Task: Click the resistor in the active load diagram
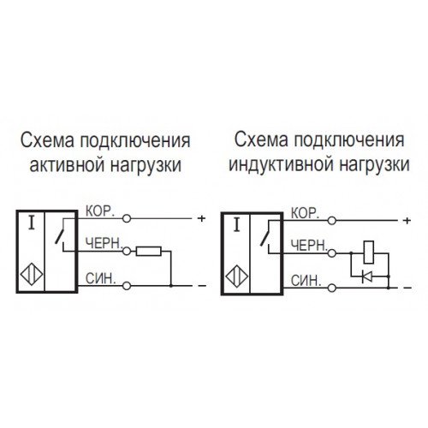tap(148, 251)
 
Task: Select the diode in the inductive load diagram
tap(366, 276)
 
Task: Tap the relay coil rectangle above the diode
tap(369, 253)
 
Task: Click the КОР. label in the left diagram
tap(100, 211)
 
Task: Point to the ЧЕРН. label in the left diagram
tap(104, 244)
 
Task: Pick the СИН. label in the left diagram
tap(101, 279)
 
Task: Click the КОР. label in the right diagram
tap(305, 213)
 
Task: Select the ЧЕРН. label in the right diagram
tap(309, 246)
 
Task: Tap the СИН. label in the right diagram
tap(306, 281)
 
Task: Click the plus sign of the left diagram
tap(201, 218)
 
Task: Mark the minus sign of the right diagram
tap(407, 288)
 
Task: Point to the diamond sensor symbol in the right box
tap(236, 276)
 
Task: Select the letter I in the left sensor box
tap(32, 223)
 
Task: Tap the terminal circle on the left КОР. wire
tap(127, 218)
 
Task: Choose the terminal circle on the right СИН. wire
tap(332, 288)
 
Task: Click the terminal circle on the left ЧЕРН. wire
tap(127, 251)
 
